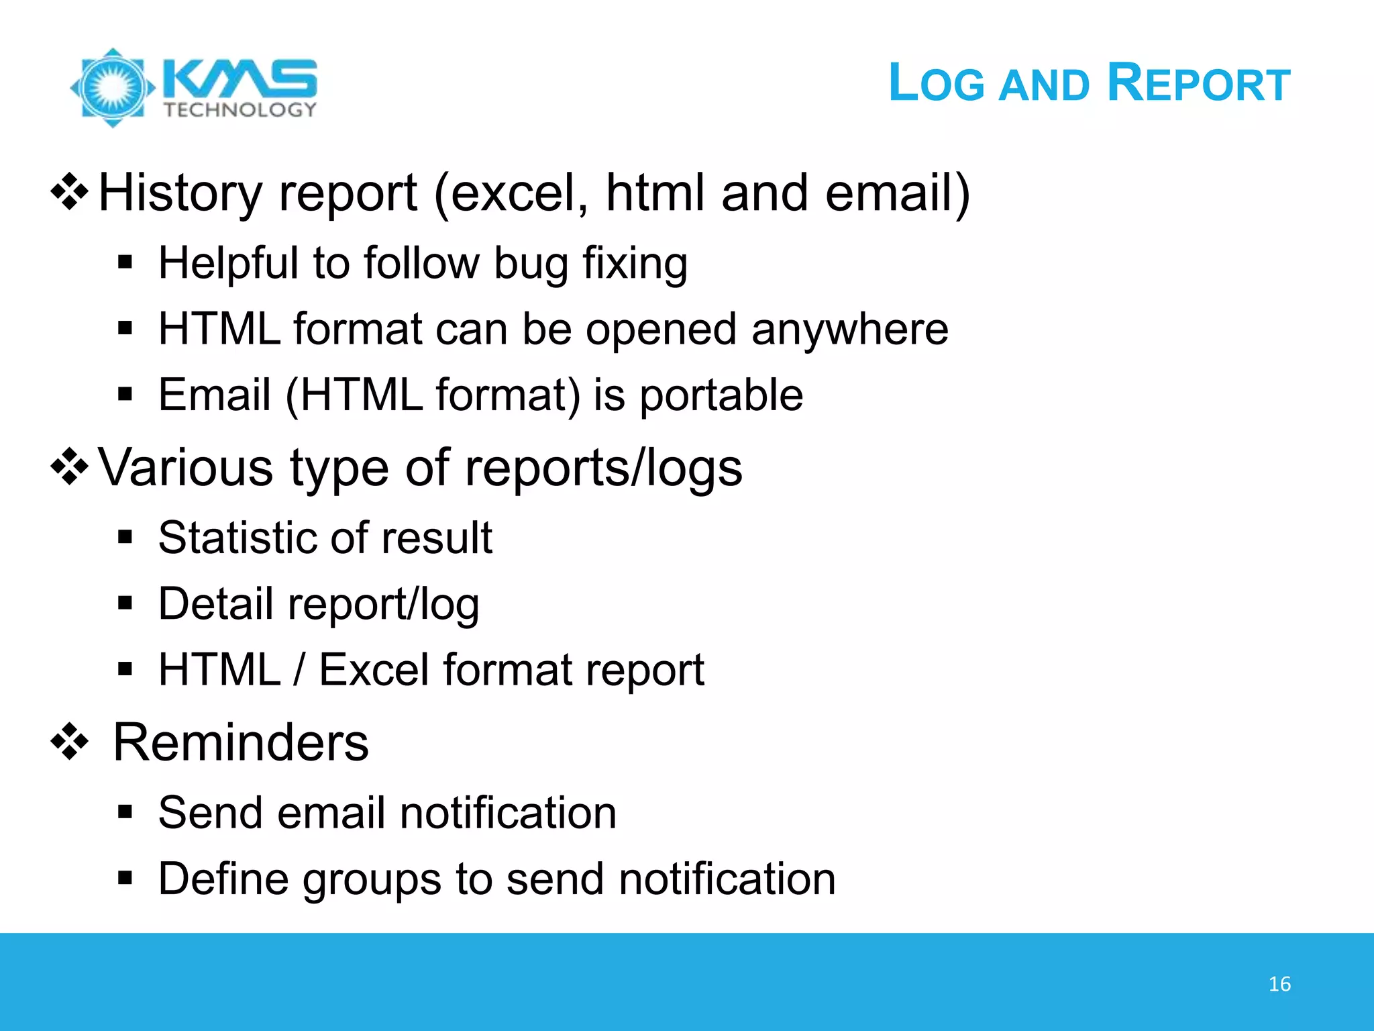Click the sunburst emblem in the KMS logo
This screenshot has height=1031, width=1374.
tap(113, 87)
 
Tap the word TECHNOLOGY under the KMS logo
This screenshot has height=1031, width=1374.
tap(240, 110)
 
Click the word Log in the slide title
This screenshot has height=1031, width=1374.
tap(936, 83)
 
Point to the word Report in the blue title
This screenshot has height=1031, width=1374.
tap(1198, 83)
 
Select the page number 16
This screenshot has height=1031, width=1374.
tap(1279, 984)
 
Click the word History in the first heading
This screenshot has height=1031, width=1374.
tap(180, 193)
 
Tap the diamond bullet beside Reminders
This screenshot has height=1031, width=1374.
tap(70, 742)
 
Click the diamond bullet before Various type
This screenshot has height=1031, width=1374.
tap(70, 467)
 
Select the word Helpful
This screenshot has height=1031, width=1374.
tap(228, 263)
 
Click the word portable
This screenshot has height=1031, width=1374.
tap(721, 395)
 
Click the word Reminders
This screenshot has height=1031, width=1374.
tap(241, 742)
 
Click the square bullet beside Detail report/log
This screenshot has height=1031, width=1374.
tap(125, 603)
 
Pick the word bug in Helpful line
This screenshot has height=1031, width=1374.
tap(531, 264)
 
